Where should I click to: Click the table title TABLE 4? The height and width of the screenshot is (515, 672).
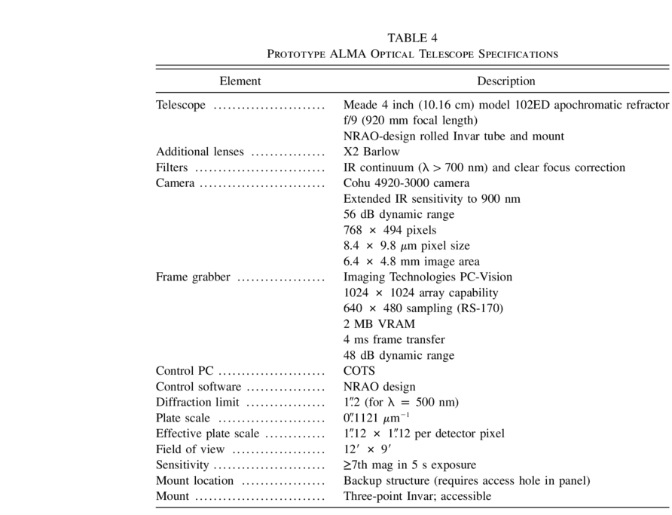click(x=412, y=38)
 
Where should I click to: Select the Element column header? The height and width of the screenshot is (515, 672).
click(x=240, y=81)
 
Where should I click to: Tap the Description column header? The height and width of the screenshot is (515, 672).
click(x=506, y=81)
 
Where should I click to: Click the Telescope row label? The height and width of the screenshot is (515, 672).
click(x=181, y=105)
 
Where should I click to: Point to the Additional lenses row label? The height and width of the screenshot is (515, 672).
click(x=200, y=152)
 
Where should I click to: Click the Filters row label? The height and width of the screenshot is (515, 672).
click(x=172, y=167)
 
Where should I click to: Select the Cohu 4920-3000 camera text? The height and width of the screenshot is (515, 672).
click(x=406, y=183)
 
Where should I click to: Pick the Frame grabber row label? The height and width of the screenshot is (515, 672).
click(x=193, y=277)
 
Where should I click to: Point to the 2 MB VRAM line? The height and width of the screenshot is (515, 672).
click(x=379, y=324)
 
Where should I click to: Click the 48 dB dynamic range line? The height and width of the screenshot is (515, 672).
click(x=399, y=355)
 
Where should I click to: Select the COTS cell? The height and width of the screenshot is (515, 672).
click(x=359, y=371)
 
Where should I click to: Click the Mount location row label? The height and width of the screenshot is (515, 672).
click(x=194, y=481)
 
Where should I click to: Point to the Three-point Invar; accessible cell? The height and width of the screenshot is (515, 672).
click(x=417, y=496)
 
